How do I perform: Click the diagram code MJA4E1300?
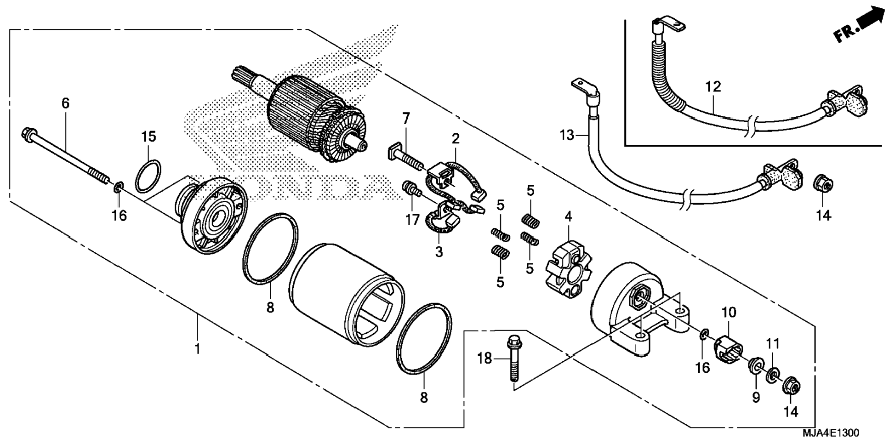tap(830, 433)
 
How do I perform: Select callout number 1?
tap(197, 349)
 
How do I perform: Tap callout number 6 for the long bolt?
tap(65, 103)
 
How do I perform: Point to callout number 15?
tap(148, 137)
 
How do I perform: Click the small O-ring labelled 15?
tap(148, 176)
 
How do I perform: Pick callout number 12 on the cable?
tap(713, 86)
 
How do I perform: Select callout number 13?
tap(567, 135)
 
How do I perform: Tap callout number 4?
tap(568, 216)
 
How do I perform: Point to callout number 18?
tap(484, 359)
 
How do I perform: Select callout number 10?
tap(729, 313)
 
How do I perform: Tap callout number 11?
tap(773, 343)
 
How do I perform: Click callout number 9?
tap(756, 397)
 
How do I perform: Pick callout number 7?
tap(405, 119)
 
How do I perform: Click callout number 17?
tap(412, 220)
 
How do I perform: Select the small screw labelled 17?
tap(409, 188)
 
